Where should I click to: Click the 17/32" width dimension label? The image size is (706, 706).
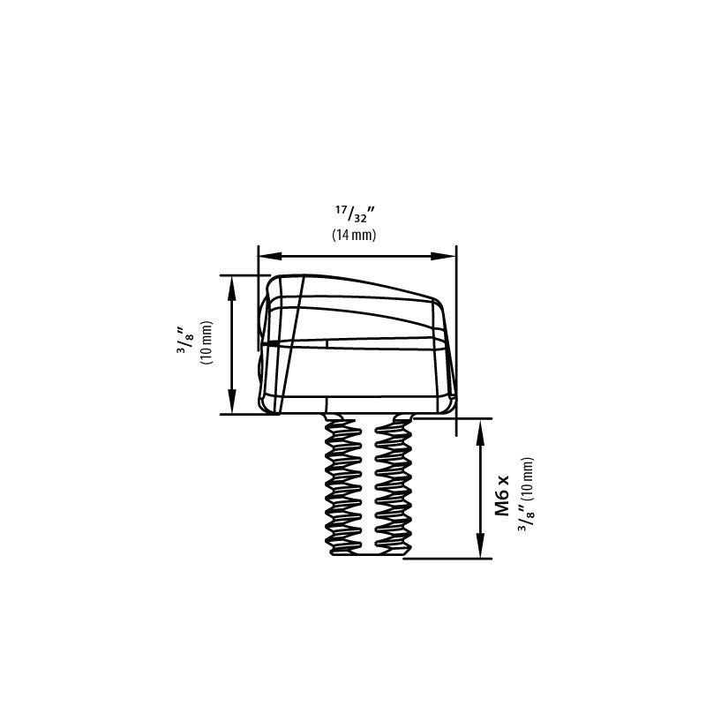point(355,213)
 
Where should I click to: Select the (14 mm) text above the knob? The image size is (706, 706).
point(354,235)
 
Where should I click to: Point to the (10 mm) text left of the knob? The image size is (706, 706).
point(207,342)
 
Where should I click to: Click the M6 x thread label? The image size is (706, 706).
point(501,495)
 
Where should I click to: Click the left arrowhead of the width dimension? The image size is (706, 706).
point(269,256)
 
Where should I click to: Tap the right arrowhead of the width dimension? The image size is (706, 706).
point(444,256)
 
